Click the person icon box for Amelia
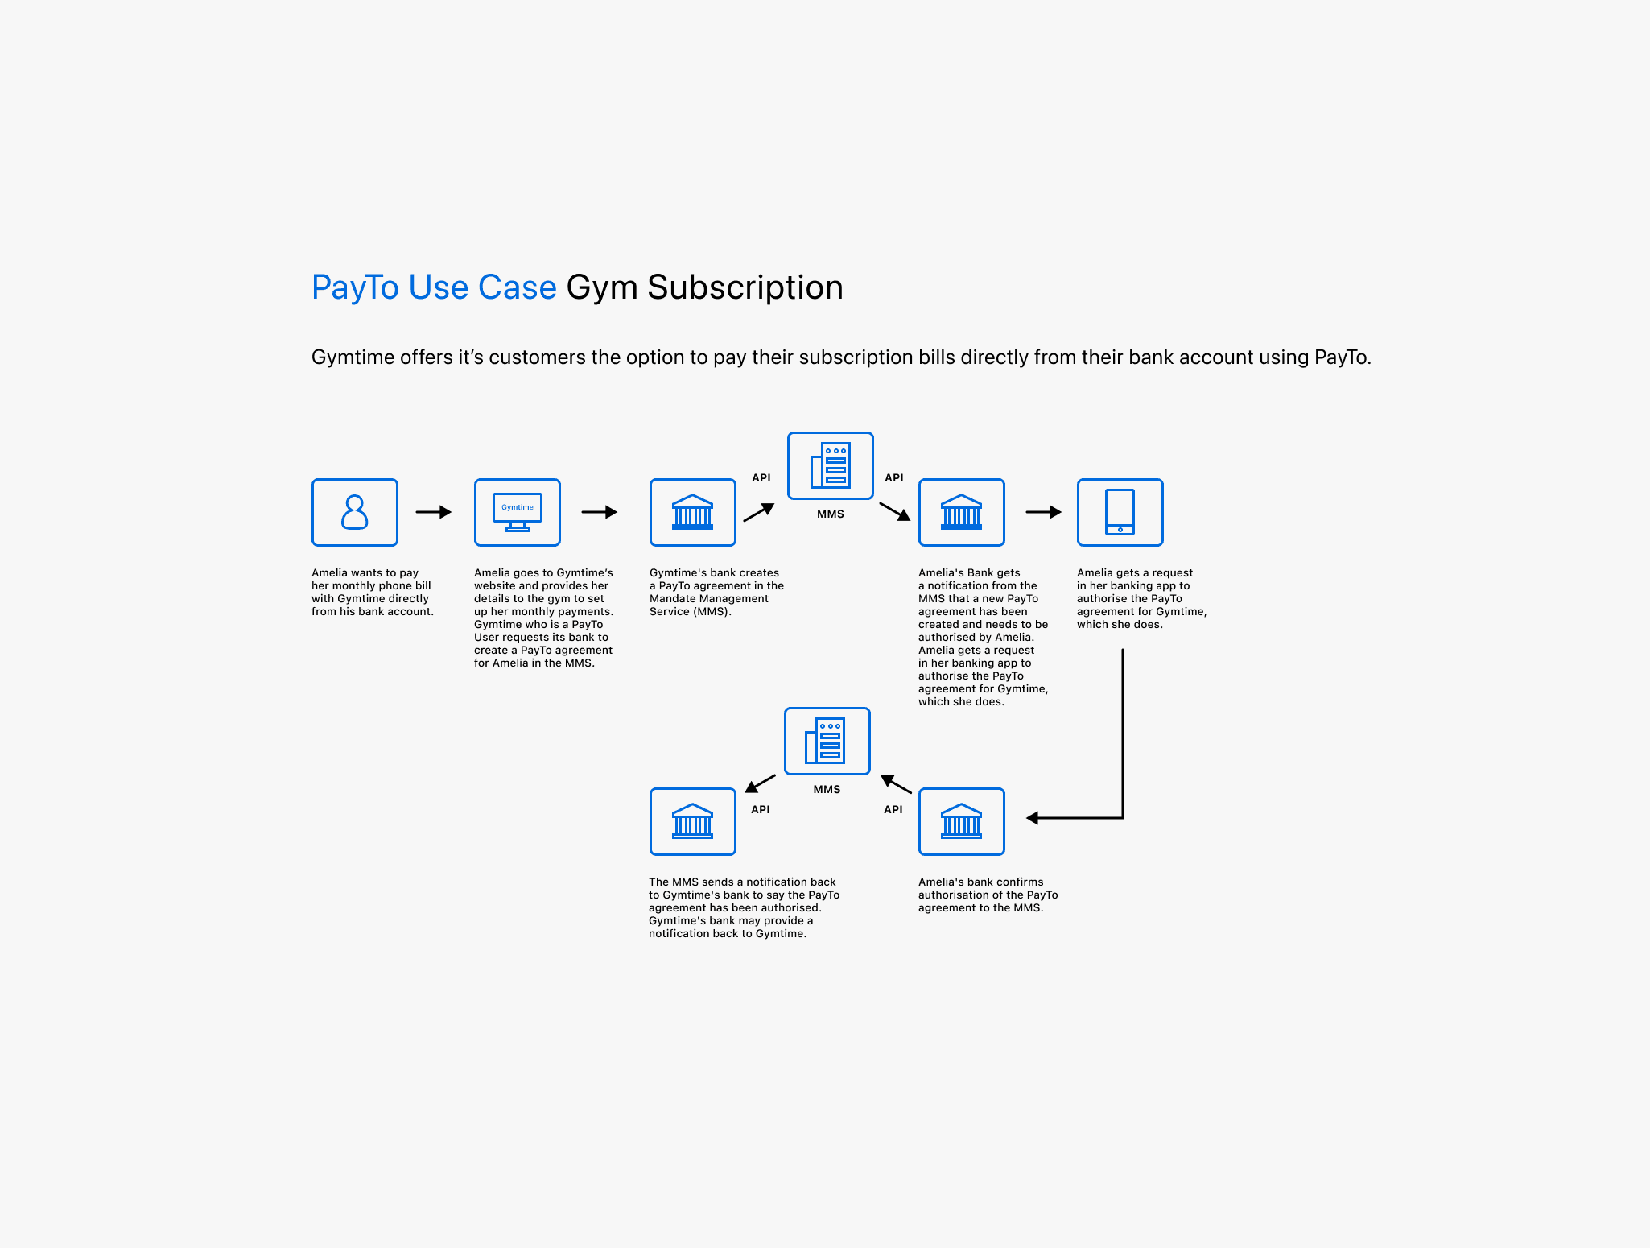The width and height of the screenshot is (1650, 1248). [x=355, y=512]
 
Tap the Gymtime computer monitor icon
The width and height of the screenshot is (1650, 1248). [x=518, y=512]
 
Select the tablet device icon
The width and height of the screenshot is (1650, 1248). [x=1120, y=512]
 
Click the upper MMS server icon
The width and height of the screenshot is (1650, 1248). [x=831, y=465]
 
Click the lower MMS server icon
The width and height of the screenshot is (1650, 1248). [x=827, y=741]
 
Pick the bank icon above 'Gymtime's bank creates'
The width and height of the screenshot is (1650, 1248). [x=692, y=512]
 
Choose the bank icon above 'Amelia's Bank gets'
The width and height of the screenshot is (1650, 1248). [x=961, y=512]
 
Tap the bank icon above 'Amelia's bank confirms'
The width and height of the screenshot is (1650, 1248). [x=961, y=821]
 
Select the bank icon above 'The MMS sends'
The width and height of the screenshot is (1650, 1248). [x=692, y=821]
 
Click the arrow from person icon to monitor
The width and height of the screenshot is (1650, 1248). [x=434, y=512]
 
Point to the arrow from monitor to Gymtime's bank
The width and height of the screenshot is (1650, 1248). [x=600, y=512]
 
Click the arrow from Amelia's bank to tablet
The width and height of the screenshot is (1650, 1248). [x=1044, y=512]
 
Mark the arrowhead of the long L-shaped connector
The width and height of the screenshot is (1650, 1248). [x=1033, y=818]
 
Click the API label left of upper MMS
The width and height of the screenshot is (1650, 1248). [x=761, y=477]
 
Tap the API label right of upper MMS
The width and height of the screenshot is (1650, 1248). [x=894, y=477]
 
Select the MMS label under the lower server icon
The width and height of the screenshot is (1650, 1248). [x=827, y=789]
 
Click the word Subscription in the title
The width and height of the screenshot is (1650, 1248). [x=745, y=287]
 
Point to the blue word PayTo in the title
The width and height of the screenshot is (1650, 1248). [x=355, y=287]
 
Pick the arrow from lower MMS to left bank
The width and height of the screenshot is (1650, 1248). [x=760, y=783]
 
